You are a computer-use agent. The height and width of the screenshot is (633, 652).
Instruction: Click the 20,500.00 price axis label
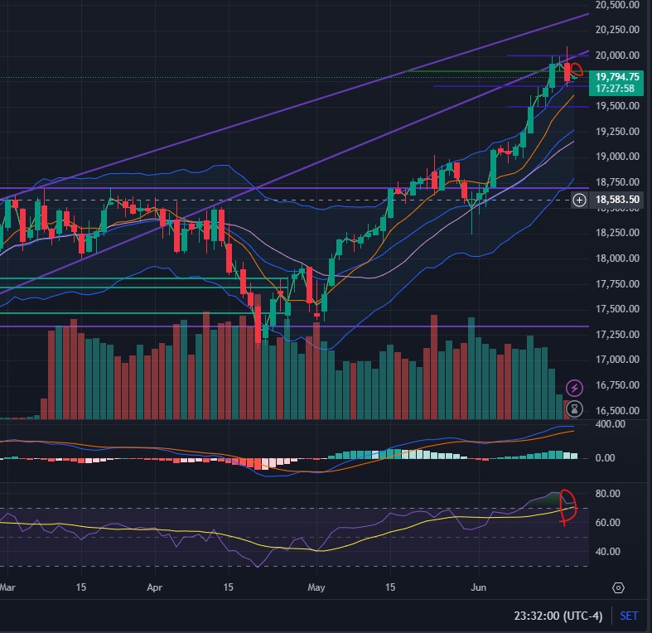[x=617, y=5]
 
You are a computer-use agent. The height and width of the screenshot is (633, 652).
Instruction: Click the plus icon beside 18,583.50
[x=580, y=200]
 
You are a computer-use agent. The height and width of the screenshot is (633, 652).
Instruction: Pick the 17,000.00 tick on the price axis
[x=617, y=360]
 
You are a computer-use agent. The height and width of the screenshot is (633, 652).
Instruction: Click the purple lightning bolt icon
[x=574, y=388]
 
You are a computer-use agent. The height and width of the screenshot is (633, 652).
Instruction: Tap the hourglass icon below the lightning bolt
[x=574, y=408]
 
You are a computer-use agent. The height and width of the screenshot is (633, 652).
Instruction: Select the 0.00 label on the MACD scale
[x=608, y=457]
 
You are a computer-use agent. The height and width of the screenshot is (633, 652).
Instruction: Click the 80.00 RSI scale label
[x=608, y=494]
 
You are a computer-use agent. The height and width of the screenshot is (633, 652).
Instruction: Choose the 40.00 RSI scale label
[x=608, y=552]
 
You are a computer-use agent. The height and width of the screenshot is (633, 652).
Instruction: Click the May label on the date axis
[x=316, y=587]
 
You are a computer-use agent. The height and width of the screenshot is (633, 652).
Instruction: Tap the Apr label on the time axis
[x=156, y=587]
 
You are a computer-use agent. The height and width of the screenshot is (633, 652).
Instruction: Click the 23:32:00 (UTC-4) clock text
[x=559, y=616]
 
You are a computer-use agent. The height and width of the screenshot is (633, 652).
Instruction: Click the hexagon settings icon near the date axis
[x=618, y=587]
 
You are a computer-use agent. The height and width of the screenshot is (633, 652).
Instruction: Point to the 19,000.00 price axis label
[x=617, y=157]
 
